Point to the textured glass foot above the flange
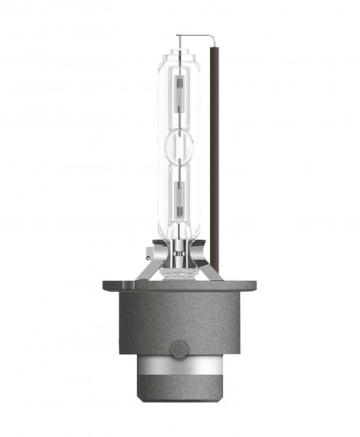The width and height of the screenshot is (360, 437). (179, 271)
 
